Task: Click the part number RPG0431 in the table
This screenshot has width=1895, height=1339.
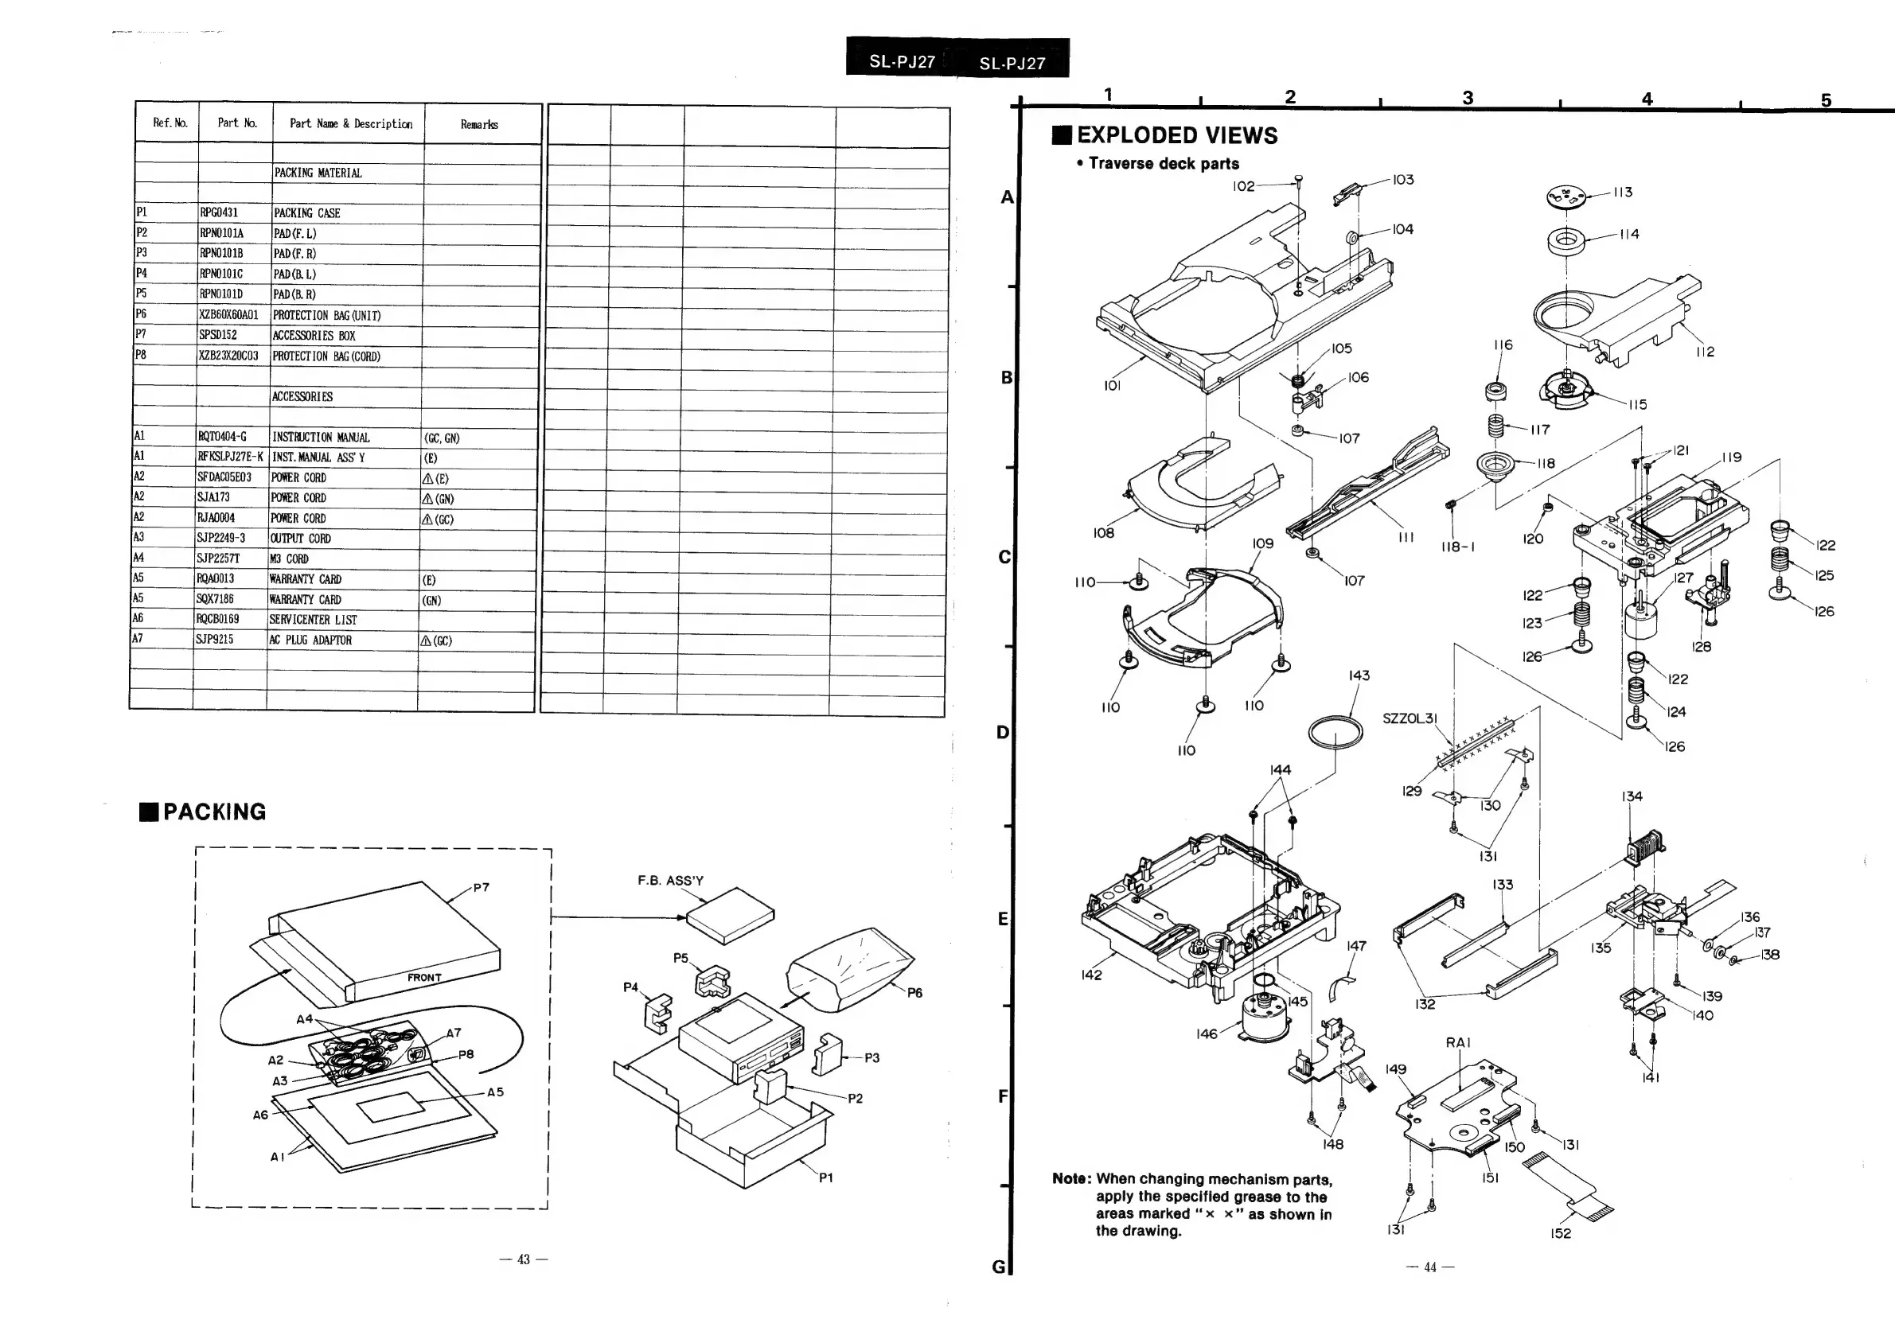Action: (219, 213)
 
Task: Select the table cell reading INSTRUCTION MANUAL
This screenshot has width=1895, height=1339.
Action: (320, 438)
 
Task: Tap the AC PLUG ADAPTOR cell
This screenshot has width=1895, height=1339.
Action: (310, 640)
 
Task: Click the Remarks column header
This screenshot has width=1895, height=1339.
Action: (478, 125)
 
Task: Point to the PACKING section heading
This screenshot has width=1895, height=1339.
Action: (214, 812)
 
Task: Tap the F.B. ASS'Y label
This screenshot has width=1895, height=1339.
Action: (670, 881)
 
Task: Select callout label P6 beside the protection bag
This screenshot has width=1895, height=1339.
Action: (914, 994)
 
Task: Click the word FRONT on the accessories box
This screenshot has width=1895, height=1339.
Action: (424, 978)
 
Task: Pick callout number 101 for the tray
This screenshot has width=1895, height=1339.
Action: (1112, 385)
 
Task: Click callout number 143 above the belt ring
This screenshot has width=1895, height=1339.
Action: (1359, 675)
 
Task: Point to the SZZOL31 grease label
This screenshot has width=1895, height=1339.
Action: (1410, 718)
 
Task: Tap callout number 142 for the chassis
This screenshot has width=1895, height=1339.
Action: (1091, 975)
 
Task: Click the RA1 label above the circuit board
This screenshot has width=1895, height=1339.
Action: (1458, 1043)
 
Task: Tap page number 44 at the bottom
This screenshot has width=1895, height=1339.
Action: (1430, 1267)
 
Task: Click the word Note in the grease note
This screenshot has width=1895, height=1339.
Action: (1071, 1179)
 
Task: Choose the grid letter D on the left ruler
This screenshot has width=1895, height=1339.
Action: (1003, 733)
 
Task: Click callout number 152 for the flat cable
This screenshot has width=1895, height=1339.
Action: (1560, 1233)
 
